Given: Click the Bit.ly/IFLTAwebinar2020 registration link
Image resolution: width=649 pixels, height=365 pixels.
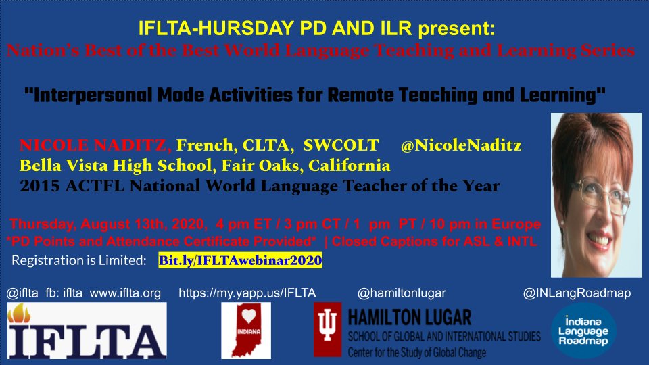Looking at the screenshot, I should click(239, 260).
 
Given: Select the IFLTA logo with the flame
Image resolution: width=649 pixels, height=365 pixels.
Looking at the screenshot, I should click(87, 331).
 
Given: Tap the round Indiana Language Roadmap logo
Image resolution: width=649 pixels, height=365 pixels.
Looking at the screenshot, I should click(583, 332).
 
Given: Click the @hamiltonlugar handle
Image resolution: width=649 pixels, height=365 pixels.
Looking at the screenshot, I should click(402, 293).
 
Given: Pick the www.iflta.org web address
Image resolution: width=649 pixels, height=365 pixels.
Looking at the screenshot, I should click(126, 293).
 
